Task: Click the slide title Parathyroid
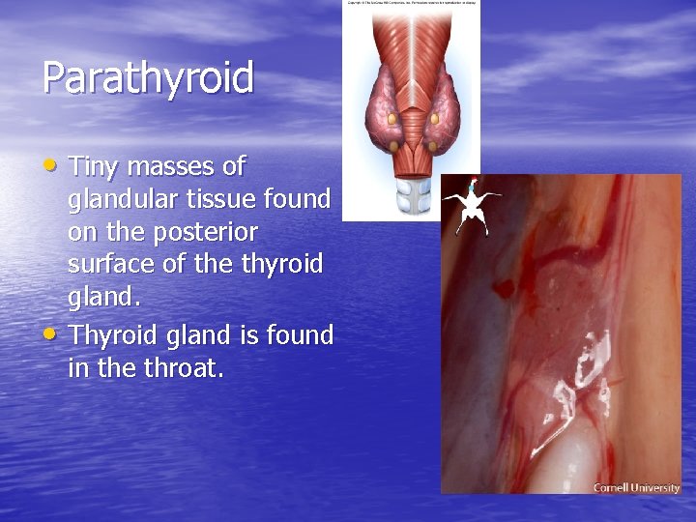147,78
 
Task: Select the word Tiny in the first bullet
94,166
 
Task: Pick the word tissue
230,199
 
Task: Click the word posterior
211,233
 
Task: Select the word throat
184,368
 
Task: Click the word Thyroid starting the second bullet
114,335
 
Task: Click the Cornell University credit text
636,487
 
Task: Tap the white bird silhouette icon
472,206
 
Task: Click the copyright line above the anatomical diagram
412,4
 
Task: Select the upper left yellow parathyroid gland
391,118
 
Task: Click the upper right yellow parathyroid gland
435,118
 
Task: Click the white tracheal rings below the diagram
413,196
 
